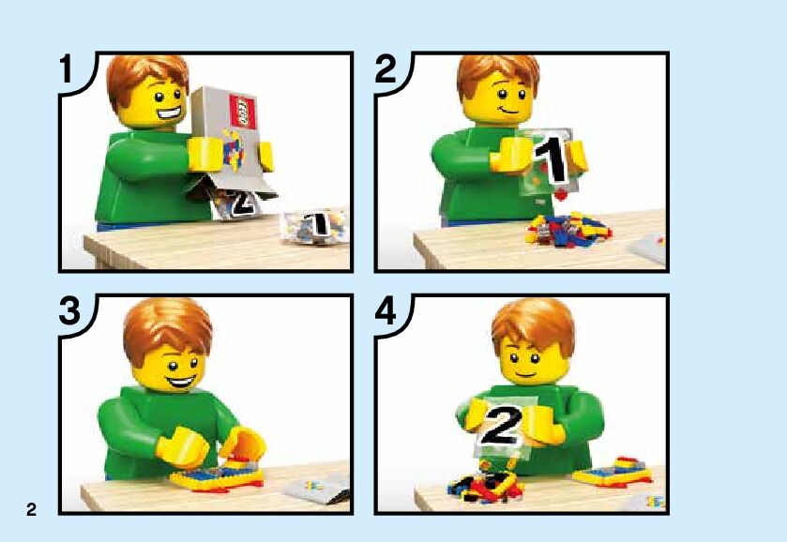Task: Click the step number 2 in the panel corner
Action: (x=386, y=69)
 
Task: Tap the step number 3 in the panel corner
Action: (x=69, y=311)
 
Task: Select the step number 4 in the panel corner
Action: (x=386, y=311)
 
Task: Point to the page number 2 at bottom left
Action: (x=31, y=509)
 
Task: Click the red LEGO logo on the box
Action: (x=243, y=111)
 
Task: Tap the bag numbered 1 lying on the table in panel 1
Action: (x=314, y=227)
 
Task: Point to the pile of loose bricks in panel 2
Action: (x=568, y=230)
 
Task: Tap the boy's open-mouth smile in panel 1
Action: (x=169, y=113)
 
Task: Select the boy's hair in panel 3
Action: (x=167, y=327)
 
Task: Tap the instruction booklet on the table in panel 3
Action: (x=317, y=489)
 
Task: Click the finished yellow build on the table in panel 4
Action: (x=613, y=472)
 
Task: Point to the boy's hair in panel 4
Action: (x=534, y=325)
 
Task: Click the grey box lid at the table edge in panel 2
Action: (x=648, y=248)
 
